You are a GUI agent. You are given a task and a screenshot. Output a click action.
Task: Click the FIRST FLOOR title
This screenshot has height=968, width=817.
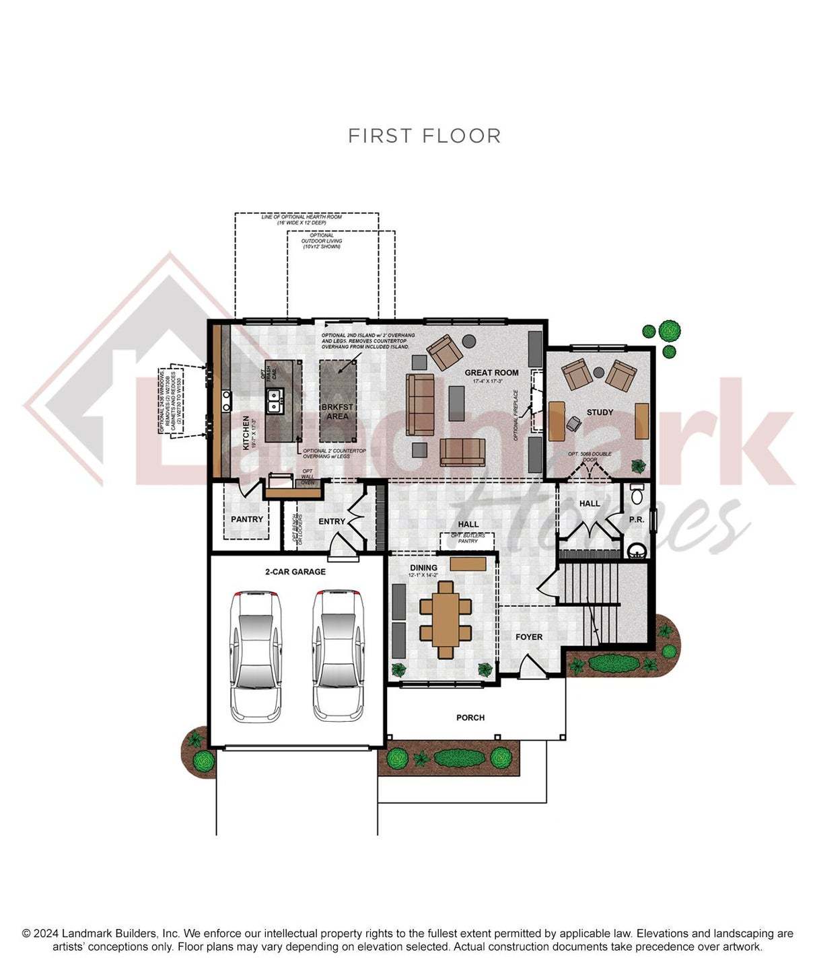tap(424, 136)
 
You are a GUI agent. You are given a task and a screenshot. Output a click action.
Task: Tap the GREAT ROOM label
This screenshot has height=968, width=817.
tap(491, 373)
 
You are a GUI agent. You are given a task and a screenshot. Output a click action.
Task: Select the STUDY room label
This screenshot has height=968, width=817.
tap(600, 412)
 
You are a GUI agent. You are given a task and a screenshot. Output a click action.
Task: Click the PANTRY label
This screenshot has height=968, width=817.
tap(247, 519)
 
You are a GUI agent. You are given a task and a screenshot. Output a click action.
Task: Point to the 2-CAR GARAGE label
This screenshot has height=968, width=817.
tap(295, 572)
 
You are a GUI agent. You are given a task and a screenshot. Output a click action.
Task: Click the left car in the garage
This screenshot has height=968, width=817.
tap(256, 655)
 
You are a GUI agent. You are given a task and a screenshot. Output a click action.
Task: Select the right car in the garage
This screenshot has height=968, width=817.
tap(339, 655)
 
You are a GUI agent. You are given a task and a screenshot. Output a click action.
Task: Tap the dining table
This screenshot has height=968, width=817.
tap(446, 619)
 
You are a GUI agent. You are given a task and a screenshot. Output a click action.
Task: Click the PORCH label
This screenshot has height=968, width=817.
tap(470, 718)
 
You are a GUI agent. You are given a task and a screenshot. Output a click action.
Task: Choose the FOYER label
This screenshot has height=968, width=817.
tap(529, 637)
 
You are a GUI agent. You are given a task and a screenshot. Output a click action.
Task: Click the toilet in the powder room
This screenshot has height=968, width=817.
tap(637, 494)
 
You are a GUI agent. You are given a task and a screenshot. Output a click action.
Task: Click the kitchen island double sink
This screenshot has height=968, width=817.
tap(275, 402)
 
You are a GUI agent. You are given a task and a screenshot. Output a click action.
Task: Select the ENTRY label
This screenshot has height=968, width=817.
tap(332, 521)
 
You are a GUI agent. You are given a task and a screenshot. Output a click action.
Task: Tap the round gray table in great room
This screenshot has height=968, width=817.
tap(469, 340)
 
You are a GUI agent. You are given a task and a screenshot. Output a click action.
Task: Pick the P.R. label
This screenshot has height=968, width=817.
tap(636, 520)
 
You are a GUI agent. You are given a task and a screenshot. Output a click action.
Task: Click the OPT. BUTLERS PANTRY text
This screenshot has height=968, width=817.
tap(467, 538)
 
